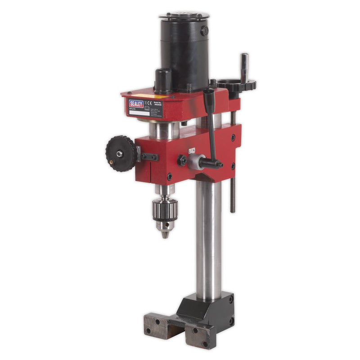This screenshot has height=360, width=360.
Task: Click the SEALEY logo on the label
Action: pos(136,104)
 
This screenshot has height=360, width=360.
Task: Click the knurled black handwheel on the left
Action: pos(121,154)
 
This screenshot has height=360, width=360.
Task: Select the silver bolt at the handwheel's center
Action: pos(120,154)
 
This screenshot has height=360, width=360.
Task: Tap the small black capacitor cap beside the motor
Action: pos(163,80)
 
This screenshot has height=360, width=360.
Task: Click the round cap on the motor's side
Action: pos(204,31)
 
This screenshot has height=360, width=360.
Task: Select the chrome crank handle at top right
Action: pos(244,67)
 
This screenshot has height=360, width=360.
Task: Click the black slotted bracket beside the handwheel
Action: pos(148,157)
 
